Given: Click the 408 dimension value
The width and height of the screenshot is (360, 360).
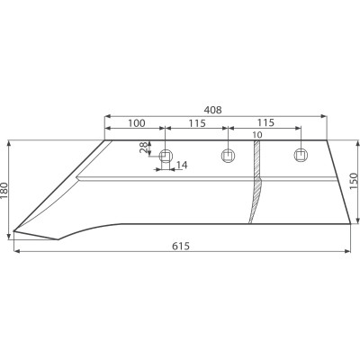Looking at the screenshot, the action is click(212, 110).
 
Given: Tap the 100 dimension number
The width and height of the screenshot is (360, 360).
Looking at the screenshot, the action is click(137, 123).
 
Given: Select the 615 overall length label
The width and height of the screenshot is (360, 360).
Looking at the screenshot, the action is click(181, 247).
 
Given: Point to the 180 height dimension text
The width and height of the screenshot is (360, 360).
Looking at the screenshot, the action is click(5, 191).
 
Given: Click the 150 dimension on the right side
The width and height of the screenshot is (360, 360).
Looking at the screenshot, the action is click(354, 181).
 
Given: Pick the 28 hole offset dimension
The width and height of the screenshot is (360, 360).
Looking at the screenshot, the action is click(145, 148).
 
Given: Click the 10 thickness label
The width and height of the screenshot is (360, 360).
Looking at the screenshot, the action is click(257, 135).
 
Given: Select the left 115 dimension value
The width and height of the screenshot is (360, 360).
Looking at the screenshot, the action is click(197, 123).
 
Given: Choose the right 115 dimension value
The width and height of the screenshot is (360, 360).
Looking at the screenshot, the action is click(265, 122).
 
